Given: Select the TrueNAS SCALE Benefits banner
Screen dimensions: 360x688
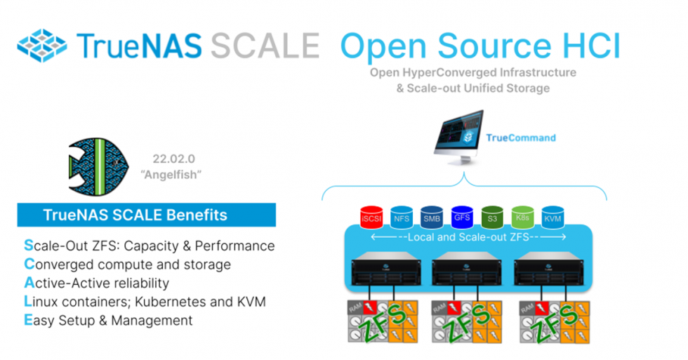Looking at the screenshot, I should tap(146, 215).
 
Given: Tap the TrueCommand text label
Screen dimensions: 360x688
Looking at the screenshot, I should tap(520, 138).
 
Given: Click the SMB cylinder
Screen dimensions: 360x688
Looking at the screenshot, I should tap(432, 218).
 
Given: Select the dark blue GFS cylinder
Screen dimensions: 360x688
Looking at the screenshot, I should tap(462, 218).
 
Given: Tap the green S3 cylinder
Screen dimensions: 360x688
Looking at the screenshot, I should tap(493, 218).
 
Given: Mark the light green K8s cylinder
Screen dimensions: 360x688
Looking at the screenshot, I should tap(523, 218).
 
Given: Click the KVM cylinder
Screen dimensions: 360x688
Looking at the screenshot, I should tap(553, 218).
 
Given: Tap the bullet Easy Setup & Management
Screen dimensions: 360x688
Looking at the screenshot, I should tap(108, 320).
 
